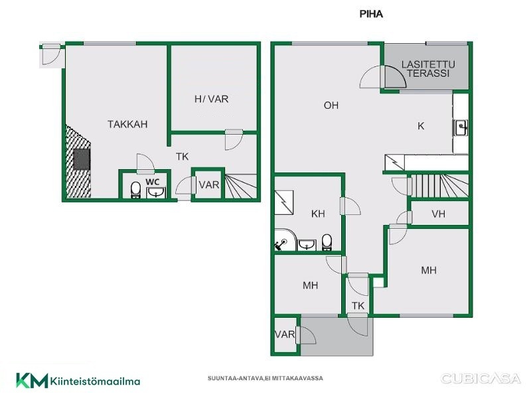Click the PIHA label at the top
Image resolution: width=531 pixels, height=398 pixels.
click(x=371, y=14)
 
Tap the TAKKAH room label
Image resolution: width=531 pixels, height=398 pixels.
click(x=127, y=124)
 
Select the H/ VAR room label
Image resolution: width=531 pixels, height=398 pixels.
click(x=211, y=99)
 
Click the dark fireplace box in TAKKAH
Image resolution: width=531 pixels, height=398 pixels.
click(x=82, y=159)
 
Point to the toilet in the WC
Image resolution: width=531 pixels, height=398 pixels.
click(x=135, y=190)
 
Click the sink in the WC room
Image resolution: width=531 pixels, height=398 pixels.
click(x=156, y=192)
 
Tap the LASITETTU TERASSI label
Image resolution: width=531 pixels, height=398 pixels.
click(x=428, y=69)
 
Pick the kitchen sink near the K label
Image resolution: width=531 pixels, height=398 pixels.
click(x=461, y=128)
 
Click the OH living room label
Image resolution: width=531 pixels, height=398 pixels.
click(x=331, y=105)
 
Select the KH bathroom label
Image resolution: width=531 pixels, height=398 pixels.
click(x=318, y=214)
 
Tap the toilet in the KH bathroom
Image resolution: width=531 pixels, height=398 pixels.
click(x=327, y=242)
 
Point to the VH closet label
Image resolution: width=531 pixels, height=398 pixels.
click(x=438, y=214)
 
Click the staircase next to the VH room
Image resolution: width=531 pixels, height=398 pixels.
click(x=439, y=186)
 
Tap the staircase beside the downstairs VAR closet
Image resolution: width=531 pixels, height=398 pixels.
click(x=241, y=186)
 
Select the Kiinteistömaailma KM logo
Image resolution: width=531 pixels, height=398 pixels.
click(x=78, y=381)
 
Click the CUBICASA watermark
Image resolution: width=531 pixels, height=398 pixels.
click(x=481, y=378)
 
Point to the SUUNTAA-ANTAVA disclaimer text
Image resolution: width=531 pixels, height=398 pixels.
click(x=265, y=378)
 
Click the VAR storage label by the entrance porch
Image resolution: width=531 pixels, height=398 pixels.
click(x=285, y=335)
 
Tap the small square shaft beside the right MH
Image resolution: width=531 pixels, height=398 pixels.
click(x=378, y=283)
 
